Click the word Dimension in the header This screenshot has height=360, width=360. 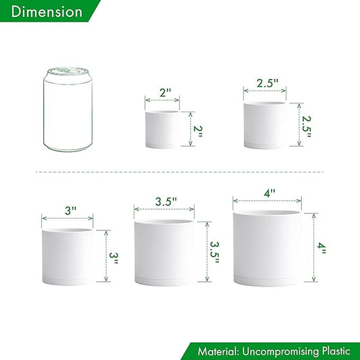47,12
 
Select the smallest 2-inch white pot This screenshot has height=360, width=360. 162,129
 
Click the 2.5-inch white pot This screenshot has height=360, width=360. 265,124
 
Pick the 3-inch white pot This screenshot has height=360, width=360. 68,256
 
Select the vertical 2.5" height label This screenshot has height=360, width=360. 306,125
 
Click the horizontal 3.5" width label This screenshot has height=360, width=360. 165,201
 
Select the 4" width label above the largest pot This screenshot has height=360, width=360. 269,192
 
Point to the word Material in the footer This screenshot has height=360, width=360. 220,351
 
